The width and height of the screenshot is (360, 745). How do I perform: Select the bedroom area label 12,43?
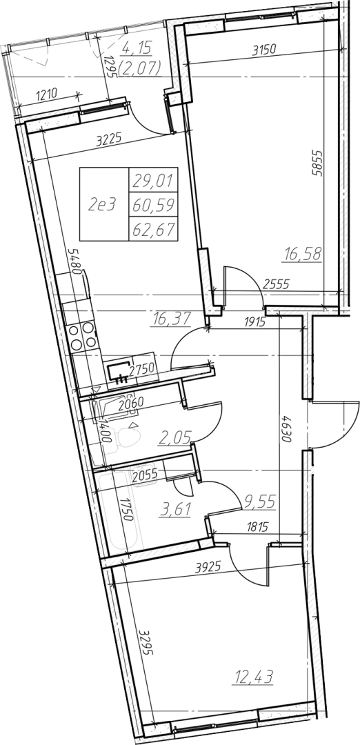252,677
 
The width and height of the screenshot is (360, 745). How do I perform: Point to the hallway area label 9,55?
259,501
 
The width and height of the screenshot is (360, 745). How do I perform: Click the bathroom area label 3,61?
176,510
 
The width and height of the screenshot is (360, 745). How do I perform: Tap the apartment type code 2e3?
102,204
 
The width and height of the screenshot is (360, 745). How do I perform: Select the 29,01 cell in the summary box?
153,180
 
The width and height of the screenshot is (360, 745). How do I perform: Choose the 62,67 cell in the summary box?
153,230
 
